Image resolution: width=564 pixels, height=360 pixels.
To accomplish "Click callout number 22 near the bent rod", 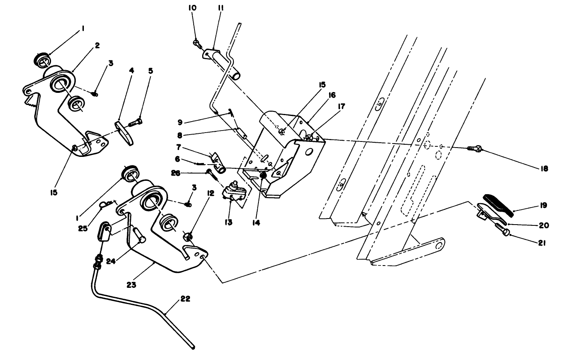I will tap(185, 299).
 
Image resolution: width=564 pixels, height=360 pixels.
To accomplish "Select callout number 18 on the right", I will tap(544, 168).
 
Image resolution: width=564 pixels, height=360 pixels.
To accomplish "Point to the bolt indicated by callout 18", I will tap(475, 149).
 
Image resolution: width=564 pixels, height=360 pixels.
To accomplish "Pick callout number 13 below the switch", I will tap(229, 222).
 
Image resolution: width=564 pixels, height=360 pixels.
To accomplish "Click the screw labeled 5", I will tap(136, 122).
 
